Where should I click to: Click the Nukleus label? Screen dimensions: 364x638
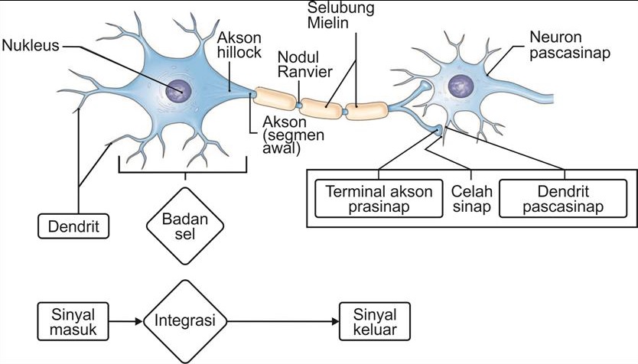point(31,44)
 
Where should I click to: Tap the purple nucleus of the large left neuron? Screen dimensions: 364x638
point(181,90)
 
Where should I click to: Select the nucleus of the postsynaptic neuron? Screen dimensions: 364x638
point(461,86)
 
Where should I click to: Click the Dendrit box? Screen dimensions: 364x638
point(73,226)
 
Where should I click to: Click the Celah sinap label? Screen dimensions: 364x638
point(471,199)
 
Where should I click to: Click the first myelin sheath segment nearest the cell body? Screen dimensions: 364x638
point(275,97)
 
